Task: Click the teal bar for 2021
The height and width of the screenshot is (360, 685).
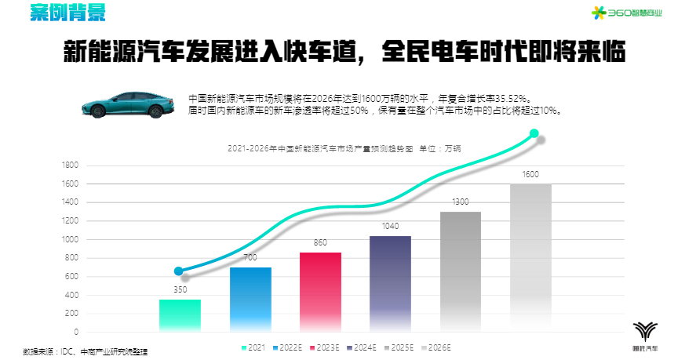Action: click(180, 315)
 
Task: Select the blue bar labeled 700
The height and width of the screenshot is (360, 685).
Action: click(250, 299)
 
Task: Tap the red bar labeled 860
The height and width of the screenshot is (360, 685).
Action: click(320, 292)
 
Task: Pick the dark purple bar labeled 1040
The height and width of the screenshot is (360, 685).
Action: click(390, 283)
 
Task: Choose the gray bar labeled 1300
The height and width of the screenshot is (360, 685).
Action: click(460, 271)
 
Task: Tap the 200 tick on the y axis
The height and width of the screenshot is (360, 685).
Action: click(71, 314)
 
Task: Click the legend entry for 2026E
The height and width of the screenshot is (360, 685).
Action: click(435, 347)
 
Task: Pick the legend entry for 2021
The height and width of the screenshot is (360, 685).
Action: click(253, 347)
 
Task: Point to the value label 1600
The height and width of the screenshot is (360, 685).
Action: click(530, 174)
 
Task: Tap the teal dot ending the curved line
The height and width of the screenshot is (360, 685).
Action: click(534, 133)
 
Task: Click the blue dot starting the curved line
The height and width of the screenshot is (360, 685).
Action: click(179, 271)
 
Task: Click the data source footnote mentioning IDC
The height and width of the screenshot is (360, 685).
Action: click(86, 352)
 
